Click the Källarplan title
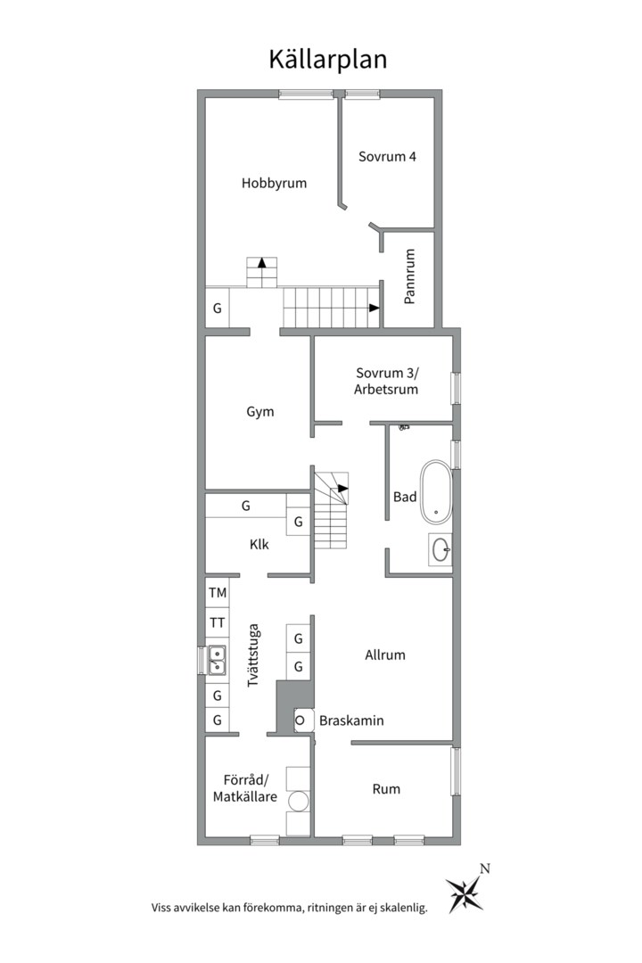point(327,61)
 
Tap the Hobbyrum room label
point(274,183)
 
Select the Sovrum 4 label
point(387,157)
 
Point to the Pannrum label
point(410,276)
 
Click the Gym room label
point(259,412)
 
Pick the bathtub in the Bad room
point(436,491)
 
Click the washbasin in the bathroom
point(440,549)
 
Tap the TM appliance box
point(217,593)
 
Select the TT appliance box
point(217,622)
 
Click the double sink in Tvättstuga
point(217,660)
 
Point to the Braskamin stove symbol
point(300,720)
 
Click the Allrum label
point(385,655)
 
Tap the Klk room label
point(259,545)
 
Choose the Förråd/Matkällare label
point(245,788)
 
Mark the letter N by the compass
point(485,869)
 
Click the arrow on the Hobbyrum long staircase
point(374,308)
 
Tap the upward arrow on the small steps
point(262,263)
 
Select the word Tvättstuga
point(253,655)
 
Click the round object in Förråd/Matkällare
point(299,802)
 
